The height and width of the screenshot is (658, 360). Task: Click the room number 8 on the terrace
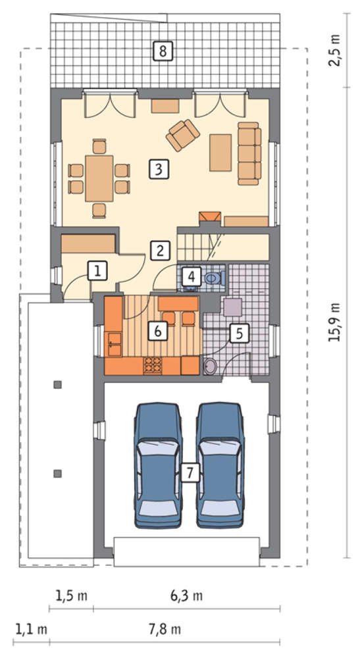click(x=163, y=51)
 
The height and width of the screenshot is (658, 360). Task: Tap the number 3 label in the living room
click(x=158, y=170)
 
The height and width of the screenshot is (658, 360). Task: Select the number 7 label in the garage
click(x=190, y=473)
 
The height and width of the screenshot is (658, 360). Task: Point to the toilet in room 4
click(x=215, y=278)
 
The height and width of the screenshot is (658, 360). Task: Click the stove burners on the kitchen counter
click(x=153, y=365)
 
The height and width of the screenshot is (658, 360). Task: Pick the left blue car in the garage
click(x=158, y=465)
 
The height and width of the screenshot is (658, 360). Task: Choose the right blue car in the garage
click(x=220, y=465)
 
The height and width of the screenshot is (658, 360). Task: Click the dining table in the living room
click(x=99, y=178)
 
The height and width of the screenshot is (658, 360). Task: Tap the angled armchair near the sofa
click(x=182, y=135)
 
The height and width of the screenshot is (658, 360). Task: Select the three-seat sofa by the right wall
click(x=249, y=153)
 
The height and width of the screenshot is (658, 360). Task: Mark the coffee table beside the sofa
click(x=220, y=153)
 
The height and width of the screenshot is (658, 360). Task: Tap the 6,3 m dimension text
click(x=187, y=595)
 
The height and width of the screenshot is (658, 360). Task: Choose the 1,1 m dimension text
click(x=31, y=629)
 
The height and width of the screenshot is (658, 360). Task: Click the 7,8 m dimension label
click(x=165, y=629)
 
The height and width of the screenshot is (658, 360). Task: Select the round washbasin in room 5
click(x=210, y=366)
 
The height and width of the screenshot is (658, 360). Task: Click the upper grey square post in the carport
click(x=58, y=384)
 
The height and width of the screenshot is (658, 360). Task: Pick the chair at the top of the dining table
click(x=99, y=147)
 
